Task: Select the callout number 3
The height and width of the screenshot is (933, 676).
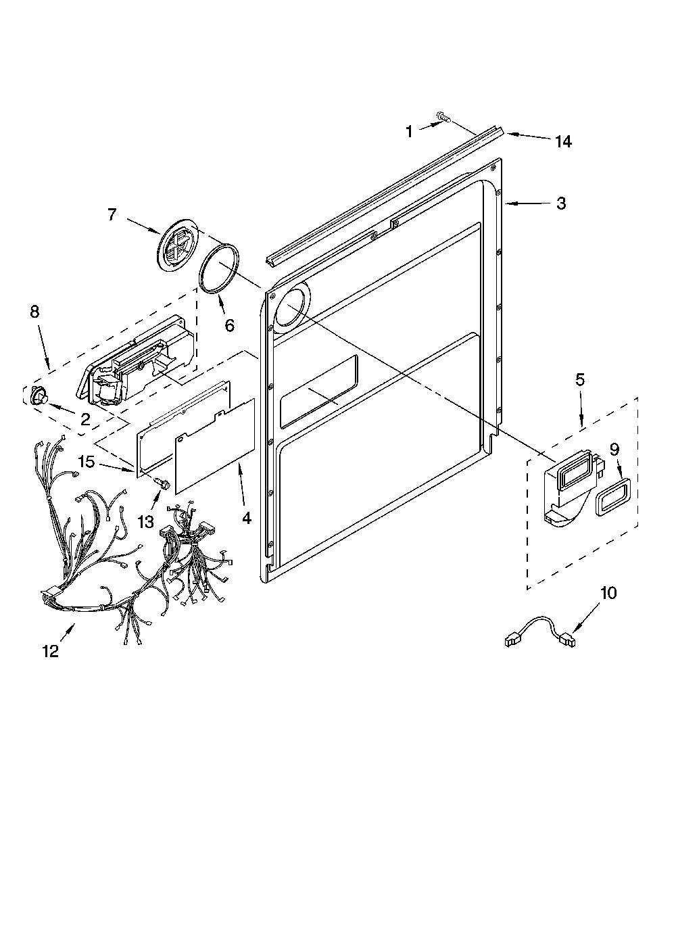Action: pyautogui.click(x=561, y=204)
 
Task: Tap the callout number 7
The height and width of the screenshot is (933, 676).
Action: pyautogui.click(x=112, y=215)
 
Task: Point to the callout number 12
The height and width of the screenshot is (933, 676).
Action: pyautogui.click(x=51, y=651)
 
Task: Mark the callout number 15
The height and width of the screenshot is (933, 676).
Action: pyautogui.click(x=87, y=462)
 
